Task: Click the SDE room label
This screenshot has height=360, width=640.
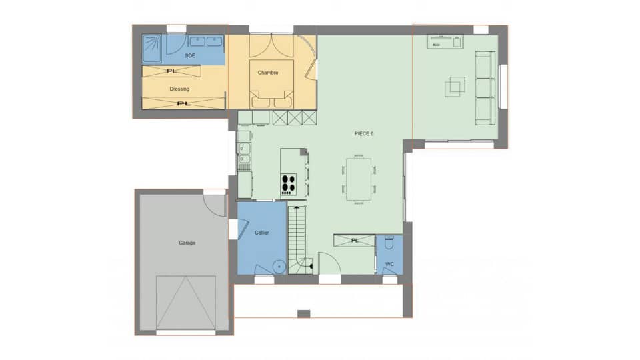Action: pyautogui.click(x=189, y=56)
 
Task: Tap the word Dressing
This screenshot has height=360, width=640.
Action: pyautogui.click(x=179, y=89)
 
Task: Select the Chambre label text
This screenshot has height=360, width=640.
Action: pyautogui.click(x=267, y=73)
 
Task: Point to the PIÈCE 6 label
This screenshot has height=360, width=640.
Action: pyautogui.click(x=364, y=134)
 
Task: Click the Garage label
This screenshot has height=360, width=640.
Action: pyautogui.click(x=187, y=243)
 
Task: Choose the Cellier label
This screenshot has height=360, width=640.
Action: pyautogui.click(x=262, y=233)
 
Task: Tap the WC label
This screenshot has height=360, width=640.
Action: pyautogui.click(x=389, y=264)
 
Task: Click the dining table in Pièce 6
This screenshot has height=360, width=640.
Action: pyautogui.click(x=359, y=178)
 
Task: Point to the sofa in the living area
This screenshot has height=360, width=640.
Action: pyautogui.click(x=483, y=87)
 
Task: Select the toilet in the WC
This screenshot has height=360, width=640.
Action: pyautogui.click(x=390, y=243)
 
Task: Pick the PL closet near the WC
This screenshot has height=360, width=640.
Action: pyautogui.click(x=355, y=240)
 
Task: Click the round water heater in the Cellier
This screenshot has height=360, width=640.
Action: pyautogui.click(x=279, y=266)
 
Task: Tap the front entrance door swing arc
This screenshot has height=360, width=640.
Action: pyautogui.click(x=330, y=263)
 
